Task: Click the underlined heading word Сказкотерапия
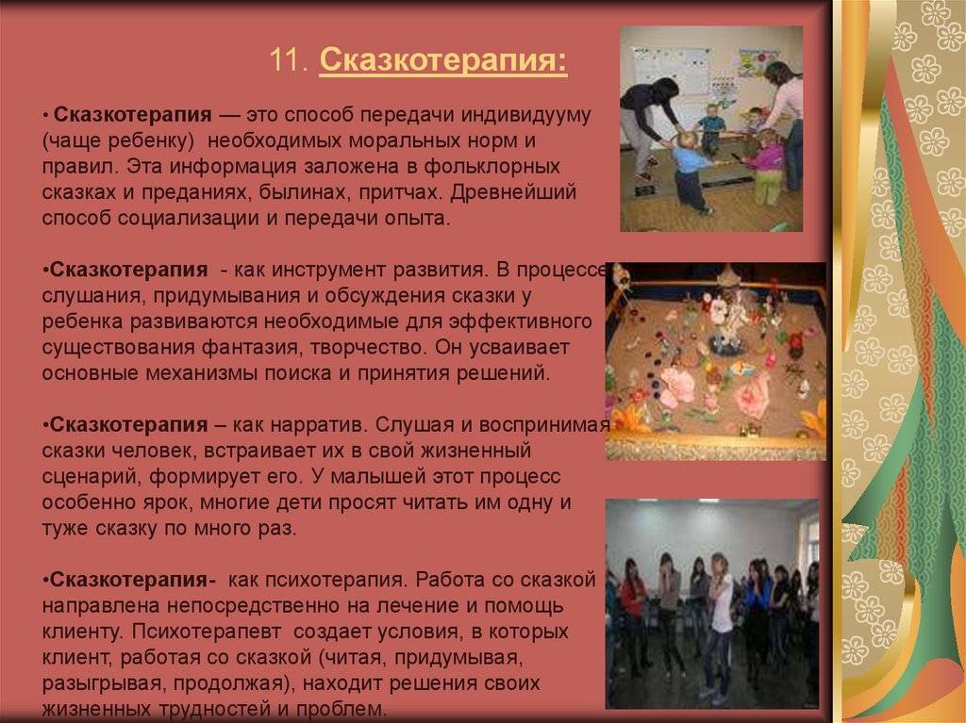(443, 60)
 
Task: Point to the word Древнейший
(513, 193)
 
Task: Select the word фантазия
(252, 348)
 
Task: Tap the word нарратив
(318, 425)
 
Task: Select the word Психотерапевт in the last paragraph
(206, 633)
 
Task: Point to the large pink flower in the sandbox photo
(753, 395)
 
